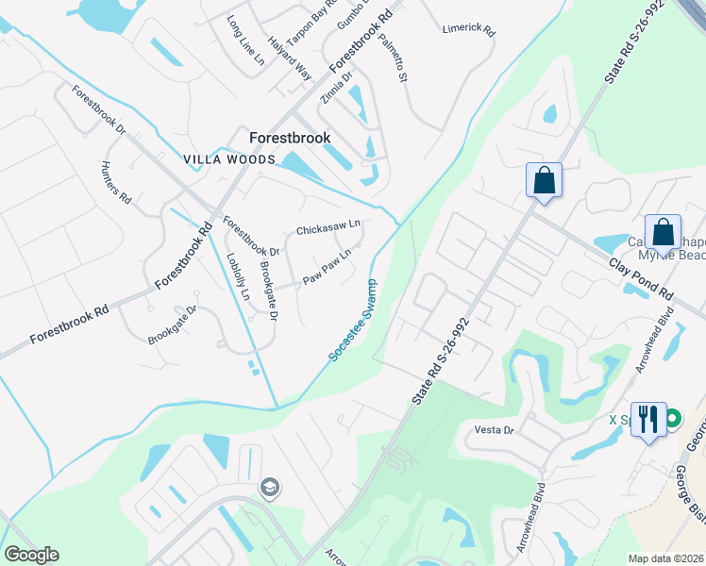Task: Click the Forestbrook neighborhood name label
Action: coord(290,138)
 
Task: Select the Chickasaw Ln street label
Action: coord(328,228)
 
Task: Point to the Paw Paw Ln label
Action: coord(328,268)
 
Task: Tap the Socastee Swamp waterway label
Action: coord(355,321)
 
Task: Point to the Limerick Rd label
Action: coord(469,30)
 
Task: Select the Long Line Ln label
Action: coord(245,38)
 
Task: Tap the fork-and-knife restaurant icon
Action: coord(647,419)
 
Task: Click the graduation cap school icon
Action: coord(269,488)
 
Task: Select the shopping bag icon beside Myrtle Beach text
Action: coord(664,232)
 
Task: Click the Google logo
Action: coord(31,555)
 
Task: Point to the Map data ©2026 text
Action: coord(665,558)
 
